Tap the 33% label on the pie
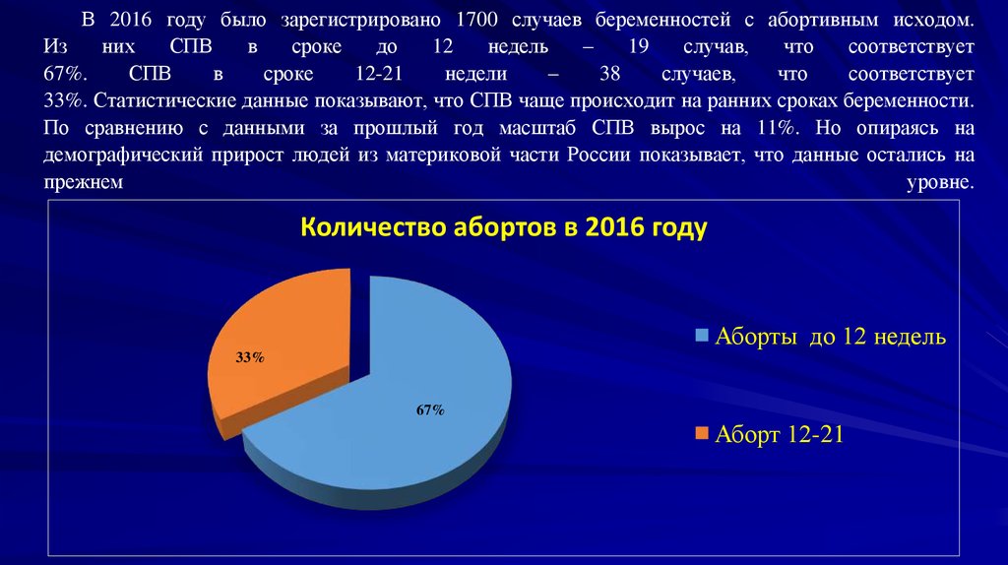[250, 358]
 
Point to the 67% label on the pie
[430, 410]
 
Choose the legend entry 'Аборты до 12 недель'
[830, 337]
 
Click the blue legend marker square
[701, 337]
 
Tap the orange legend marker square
[701, 433]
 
